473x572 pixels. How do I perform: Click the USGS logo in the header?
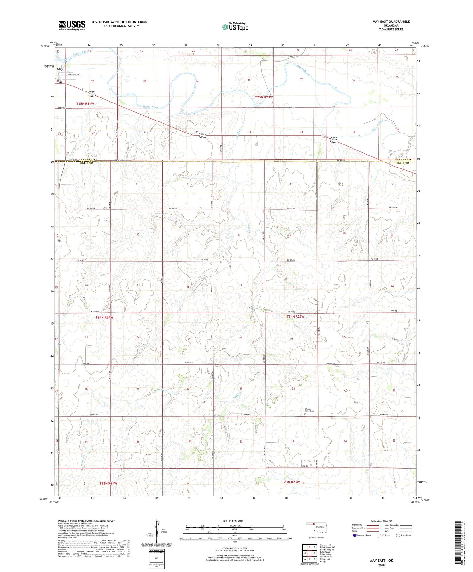pyautogui.click(x=72, y=25)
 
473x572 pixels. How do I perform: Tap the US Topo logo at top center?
pyautogui.click(x=235, y=27)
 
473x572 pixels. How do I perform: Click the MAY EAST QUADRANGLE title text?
pyautogui.click(x=391, y=21)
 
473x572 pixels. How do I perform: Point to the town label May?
pyautogui.click(x=60, y=69)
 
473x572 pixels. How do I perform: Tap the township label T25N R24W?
pyautogui.click(x=85, y=103)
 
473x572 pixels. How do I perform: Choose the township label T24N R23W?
pyautogui.click(x=295, y=316)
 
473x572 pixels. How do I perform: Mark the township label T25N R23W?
pyautogui.click(x=264, y=97)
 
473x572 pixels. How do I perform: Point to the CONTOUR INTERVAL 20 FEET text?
pyautogui.click(x=235, y=548)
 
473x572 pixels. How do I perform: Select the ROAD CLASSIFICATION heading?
pyautogui.click(x=382, y=521)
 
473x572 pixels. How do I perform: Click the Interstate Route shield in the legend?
pyautogui.click(x=355, y=535)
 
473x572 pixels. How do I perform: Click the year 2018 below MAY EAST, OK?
pyautogui.click(x=381, y=565)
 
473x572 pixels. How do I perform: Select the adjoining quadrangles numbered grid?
pyautogui.click(x=310, y=553)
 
